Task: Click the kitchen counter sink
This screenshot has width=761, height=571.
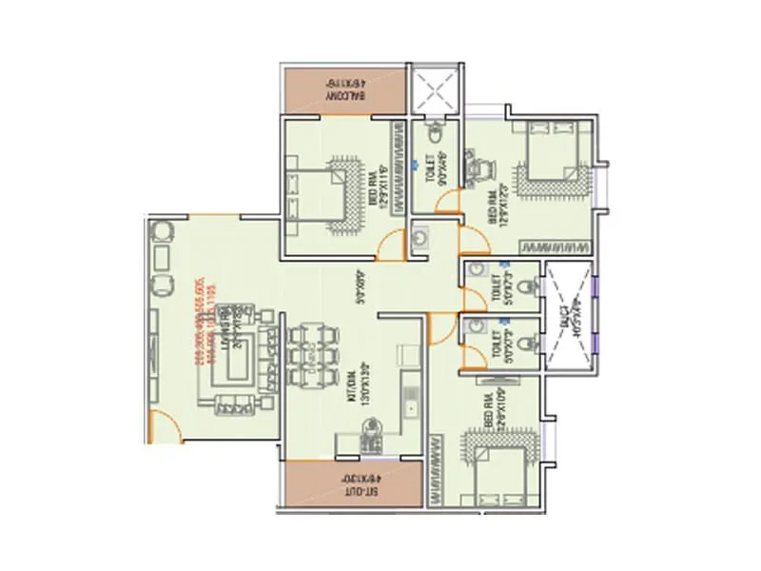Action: click(x=413, y=407)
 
